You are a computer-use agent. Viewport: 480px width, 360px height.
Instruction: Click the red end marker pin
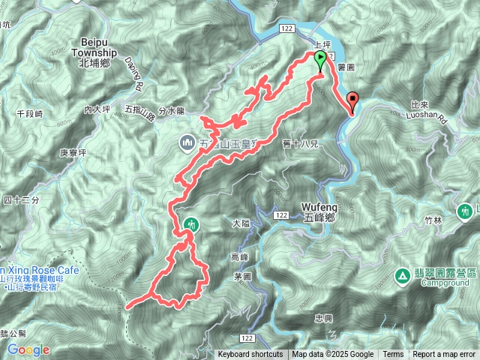(353, 100)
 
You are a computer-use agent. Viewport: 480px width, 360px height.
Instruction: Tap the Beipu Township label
(95, 58)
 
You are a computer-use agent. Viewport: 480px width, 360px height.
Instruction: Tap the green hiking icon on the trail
(192, 224)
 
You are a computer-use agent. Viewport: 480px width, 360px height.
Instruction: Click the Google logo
(28, 349)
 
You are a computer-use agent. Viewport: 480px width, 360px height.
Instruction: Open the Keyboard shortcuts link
(250, 355)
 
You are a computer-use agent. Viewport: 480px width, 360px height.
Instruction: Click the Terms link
(393, 355)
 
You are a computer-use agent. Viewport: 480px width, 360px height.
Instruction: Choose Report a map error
(444, 355)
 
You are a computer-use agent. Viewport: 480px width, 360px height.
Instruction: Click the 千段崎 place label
(30, 113)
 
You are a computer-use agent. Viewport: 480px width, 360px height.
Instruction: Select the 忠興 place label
(323, 318)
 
